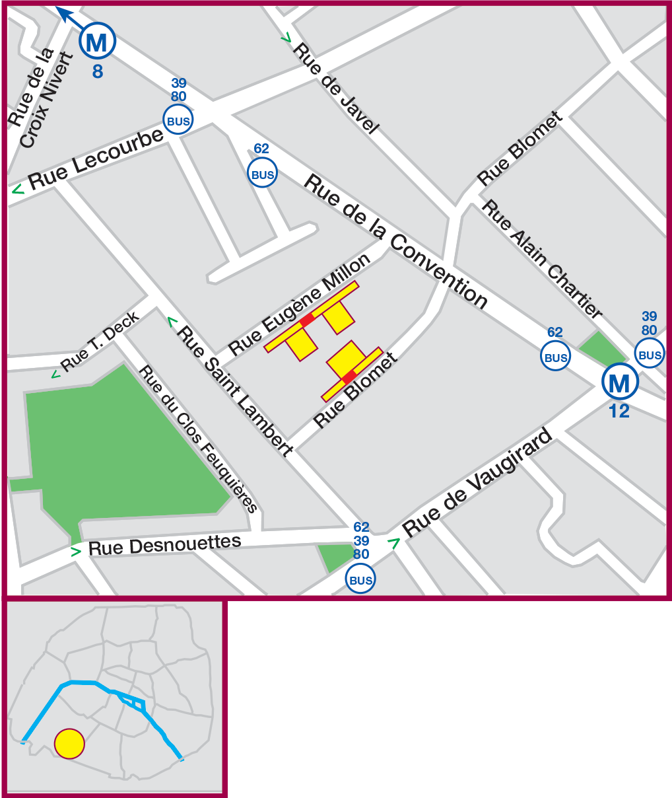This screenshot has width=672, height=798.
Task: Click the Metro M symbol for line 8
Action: (x=97, y=41)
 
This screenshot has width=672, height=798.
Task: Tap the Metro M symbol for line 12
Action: (x=620, y=382)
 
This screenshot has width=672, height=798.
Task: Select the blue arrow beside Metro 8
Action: (x=67, y=15)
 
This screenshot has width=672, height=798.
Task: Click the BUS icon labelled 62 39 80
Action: (x=360, y=580)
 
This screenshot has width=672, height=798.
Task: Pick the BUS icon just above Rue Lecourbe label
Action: (x=178, y=121)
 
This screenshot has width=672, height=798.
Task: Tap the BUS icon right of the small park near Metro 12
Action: (x=650, y=354)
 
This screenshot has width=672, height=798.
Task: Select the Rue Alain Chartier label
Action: (x=542, y=258)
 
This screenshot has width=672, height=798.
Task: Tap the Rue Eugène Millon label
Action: (x=300, y=304)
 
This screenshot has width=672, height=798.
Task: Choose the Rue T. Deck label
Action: (x=100, y=341)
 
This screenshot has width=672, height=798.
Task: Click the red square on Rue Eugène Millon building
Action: (x=307, y=320)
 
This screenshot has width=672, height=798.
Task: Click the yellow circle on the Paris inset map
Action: (x=69, y=743)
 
